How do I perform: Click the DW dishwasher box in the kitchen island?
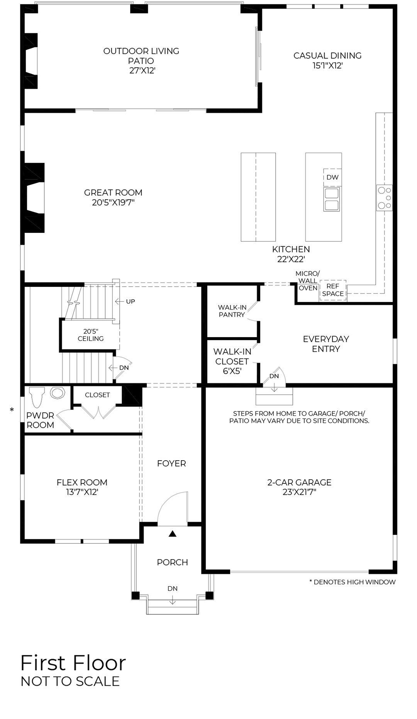pyautogui.click(x=332, y=177)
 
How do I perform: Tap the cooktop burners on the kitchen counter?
pyautogui.click(x=385, y=198)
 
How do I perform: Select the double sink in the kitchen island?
pyautogui.click(x=332, y=199)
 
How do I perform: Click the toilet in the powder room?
pyautogui.click(x=37, y=397)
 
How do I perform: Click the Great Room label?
pyautogui.click(x=113, y=193)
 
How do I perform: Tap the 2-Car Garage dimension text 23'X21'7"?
pyautogui.click(x=299, y=492)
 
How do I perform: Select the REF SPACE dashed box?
pyautogui.click(x=332, y=290)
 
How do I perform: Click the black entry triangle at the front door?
pyautogui.click(x=173, y=534)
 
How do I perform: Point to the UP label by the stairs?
pyautogui.click(x=130, y=301)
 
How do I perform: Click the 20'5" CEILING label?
pyautogui.click(x=91, y=335)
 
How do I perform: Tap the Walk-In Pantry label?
pyautogui.click(x=232, y=311)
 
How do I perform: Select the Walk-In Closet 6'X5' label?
pyautogui.click(x=232, y=361)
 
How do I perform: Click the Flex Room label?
pyautogui.click(x=82, y=482)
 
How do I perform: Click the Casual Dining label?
pyautogui.click(x=327, y=56)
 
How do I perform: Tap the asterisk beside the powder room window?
pyautogui.click(x=12, y=410)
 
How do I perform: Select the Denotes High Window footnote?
pyautogui.click(x=352, y=582)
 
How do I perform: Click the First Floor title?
pyautogui.click(x=73, y=663)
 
